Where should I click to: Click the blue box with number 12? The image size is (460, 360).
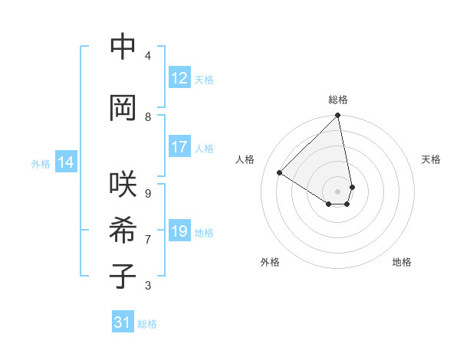[x=179, y=78]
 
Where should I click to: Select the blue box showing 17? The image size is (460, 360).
[x=179, y=147]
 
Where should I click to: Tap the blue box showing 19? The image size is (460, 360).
[x=179, y=231]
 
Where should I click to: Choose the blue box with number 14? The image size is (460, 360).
[x=66, y=162]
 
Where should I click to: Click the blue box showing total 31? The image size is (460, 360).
[x=123, y=322]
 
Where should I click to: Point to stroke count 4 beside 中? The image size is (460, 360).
[x=148, y=56]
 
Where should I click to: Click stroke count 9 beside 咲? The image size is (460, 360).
[x=148, y=194]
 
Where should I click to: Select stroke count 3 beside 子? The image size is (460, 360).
[x=148, y=286]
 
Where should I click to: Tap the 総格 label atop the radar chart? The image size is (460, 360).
[x=338, y=100]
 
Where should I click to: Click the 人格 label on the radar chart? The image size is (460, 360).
[x=245, y=159]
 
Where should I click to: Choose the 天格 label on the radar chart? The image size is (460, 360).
[x=431, y=159]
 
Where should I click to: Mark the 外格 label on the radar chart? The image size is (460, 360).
[x=270, y=262]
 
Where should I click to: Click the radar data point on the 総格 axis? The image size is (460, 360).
[x=338, y=116]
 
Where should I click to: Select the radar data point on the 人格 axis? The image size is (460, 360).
[x=280, y=172]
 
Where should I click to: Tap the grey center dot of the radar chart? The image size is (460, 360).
[x=338, y=191]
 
